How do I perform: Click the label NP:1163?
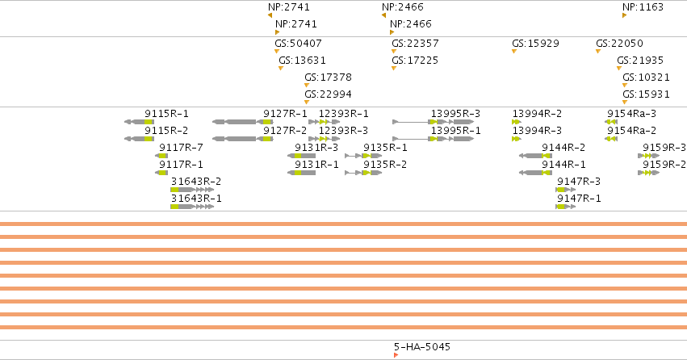(x=643, y=7)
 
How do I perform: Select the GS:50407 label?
(x=298, y=44)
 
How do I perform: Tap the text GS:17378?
(x=329, y=77)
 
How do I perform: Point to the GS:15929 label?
(x=535, y=44)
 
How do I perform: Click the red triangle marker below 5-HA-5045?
(x=396, y=355)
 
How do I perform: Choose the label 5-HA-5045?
(x=422, y=347)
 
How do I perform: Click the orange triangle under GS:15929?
(x=514, y=51)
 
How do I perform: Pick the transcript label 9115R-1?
(x=166, y=114)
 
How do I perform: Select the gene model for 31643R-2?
(x=192, y=190)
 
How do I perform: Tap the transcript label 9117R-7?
(x=181, y=148)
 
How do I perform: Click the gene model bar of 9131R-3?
(x=301, y=156)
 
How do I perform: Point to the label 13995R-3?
(x=455, y=114)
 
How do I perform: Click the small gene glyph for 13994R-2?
(x=516, y=122)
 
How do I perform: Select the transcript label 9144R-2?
(x=563, y=148)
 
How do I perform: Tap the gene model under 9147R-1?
(x=566, y=207)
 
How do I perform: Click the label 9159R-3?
(x=664, y=148)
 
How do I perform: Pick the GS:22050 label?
(x=619, y=44)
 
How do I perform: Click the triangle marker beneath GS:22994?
(x=307, y=102)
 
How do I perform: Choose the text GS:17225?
(x=415, y=61)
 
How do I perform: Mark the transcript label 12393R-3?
(x=344, y=131)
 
